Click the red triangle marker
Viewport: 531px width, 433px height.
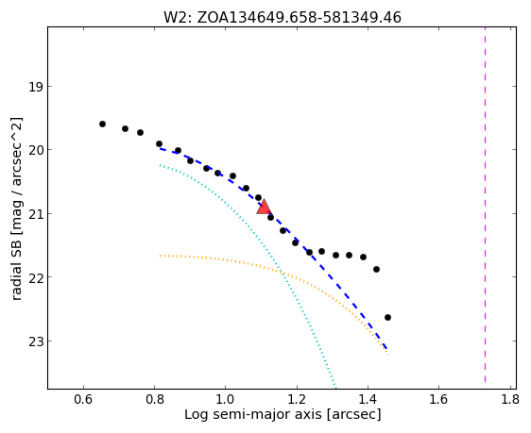[x=264, y=207]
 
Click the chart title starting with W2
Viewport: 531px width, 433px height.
[x=283, y=17]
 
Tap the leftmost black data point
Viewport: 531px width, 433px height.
[x=102, y=125]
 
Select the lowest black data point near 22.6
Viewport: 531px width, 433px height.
[x=387, y=317]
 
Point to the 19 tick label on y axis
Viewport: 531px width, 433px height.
[x=36, y=87]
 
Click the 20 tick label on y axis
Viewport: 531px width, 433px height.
[x=36, y=150]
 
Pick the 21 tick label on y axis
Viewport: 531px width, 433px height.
[x=36, y=213]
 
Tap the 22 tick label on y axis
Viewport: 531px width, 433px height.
[x=36, y=277]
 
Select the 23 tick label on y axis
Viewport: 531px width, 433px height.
[x=36, y=341]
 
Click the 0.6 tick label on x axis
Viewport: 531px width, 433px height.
[x=83, y=400]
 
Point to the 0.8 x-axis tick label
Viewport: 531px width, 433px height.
[x=154, y=400]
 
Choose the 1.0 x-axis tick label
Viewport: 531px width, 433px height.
[x=226, y=400]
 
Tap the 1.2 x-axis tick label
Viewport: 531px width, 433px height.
[x=297, y=400]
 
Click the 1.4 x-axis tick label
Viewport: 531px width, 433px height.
[x=368, y=400]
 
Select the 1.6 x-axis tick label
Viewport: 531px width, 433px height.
[x=439, y=400]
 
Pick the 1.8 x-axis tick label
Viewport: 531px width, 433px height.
[x=510, y=400]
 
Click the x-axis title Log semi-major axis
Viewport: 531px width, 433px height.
[x=283, y=414]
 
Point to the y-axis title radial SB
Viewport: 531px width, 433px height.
[x=17, y=208]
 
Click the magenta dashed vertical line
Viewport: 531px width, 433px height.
[x=485, y=205]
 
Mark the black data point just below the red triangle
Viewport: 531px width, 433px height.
[x=270, y=217]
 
